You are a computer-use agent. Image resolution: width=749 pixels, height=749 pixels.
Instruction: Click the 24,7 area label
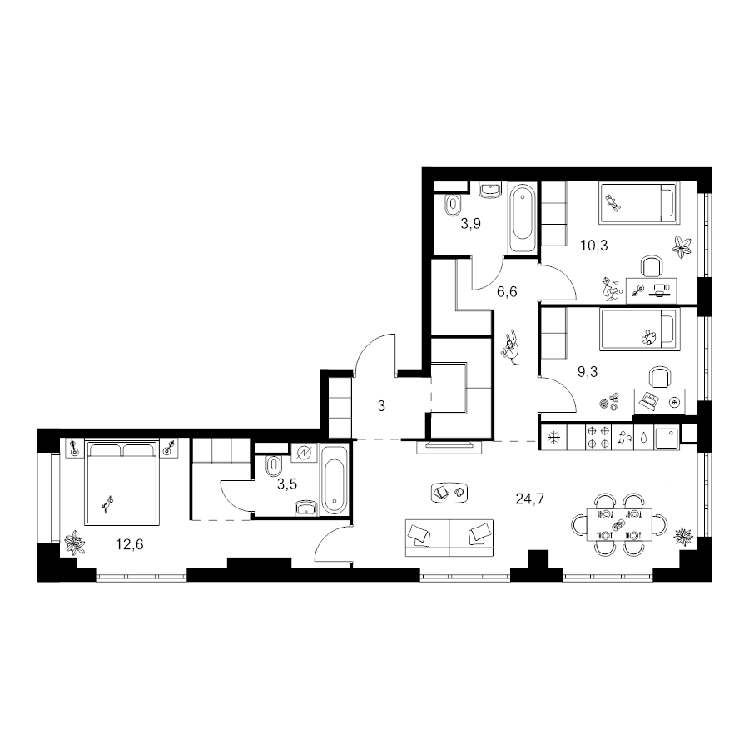(530, 499)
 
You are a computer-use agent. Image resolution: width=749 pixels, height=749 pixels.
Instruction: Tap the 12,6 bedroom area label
(130, 544)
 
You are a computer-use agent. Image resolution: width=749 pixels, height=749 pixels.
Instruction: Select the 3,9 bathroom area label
(470, 223)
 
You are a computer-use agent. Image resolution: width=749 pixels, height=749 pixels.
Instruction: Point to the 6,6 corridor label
(507, 291)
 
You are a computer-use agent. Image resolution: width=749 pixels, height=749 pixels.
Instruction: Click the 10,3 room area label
(593, 246)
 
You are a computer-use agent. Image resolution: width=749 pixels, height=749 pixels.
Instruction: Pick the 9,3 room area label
(588, 372)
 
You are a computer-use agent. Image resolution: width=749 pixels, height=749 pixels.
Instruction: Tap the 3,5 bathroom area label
(287, 484)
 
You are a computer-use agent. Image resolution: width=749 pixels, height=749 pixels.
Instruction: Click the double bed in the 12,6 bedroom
(122, 483)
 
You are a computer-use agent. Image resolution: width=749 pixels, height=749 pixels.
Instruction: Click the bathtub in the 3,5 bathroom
(334, 479)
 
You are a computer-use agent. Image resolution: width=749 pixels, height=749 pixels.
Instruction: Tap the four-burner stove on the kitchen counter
(598, 437)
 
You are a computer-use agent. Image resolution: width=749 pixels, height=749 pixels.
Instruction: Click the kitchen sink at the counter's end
(667, 438)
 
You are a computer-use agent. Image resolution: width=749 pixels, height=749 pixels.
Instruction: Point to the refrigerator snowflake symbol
(553, 438)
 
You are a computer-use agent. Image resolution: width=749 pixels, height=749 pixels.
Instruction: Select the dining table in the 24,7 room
(619, 524)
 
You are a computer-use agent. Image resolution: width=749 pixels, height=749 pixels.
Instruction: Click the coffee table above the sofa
(449, 493)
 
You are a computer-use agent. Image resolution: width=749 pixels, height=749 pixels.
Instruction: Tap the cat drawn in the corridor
(511, 346)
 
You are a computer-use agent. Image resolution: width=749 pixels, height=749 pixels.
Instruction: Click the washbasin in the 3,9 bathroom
(490, 189)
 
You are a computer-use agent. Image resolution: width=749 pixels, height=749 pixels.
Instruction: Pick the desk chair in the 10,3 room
(652, 266)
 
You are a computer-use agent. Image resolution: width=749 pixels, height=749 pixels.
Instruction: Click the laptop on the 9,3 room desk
(647, 400)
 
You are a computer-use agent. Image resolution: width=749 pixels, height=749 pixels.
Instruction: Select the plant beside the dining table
(683, 537)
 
